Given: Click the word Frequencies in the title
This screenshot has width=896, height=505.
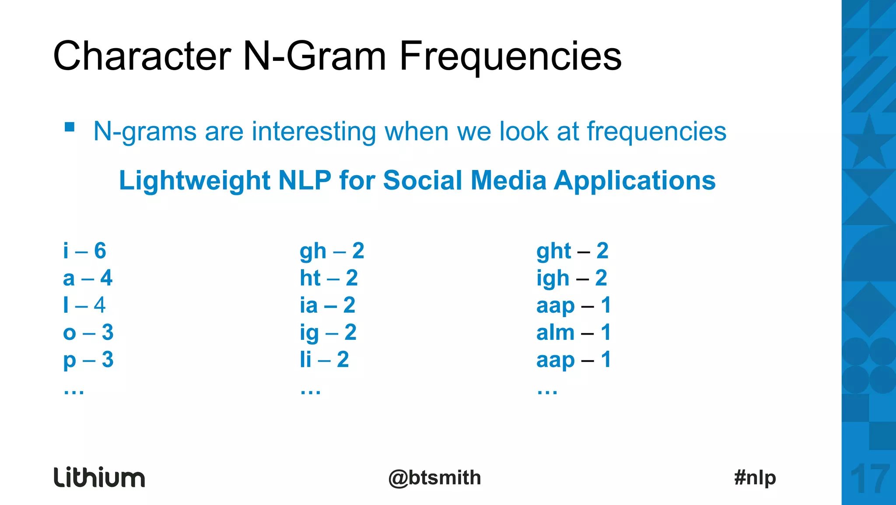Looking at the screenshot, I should coord(510,56).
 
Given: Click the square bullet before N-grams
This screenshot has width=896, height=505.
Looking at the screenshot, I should coord(70,127).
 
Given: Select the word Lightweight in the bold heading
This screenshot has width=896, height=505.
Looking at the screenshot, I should coord(195,180).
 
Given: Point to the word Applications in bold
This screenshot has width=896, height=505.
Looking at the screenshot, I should coord(634,180).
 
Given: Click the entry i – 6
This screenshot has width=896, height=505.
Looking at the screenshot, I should coord(84,251).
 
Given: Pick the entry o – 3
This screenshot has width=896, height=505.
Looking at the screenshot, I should coord(88,332).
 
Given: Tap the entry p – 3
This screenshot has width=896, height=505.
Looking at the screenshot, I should coord(88,360).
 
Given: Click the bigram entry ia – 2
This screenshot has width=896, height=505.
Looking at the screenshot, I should coord(327,305).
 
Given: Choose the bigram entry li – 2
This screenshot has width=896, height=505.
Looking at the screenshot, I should coord(324,360).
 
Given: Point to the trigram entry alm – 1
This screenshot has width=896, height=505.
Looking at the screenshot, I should coord(573,332).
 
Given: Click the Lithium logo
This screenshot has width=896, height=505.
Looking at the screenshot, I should coord(99,477).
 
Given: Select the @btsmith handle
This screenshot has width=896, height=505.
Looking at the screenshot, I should coord(434,477).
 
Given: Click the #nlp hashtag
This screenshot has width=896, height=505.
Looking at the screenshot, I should coord(755,477).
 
